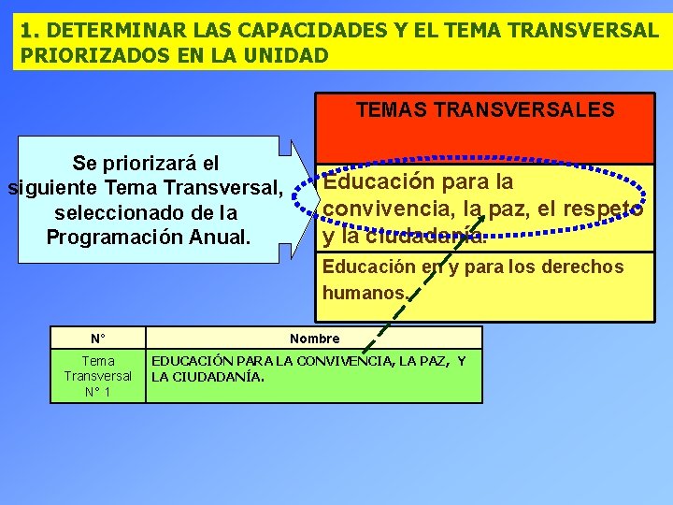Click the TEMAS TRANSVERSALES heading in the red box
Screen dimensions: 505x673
point(485,110)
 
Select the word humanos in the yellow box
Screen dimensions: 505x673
point(363,293)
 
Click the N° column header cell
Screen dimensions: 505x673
point(97,339)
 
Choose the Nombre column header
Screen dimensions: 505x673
point(314,339)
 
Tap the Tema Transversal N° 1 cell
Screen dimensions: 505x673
point(97,376)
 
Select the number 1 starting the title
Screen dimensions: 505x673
point(26,30)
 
